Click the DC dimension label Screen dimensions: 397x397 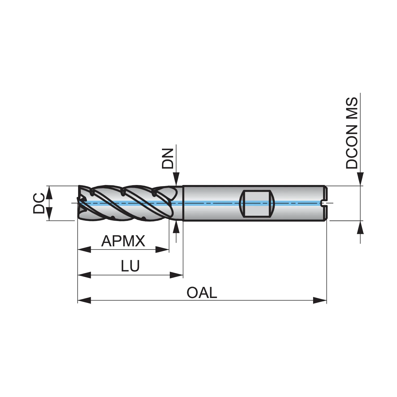(x=38, y=203)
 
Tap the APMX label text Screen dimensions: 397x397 (x=123, y=241)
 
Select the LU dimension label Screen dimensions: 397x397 (x=130, y=266)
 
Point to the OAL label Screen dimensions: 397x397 (x=202, y=293)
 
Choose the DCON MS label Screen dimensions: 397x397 (x=352, y=133)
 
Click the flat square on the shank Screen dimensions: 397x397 (x=256, y=203)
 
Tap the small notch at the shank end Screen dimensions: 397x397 (x=323, y=203)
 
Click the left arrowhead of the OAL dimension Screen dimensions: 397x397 (x=84, y=300)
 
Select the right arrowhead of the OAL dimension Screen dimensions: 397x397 (x=320, y=300)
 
